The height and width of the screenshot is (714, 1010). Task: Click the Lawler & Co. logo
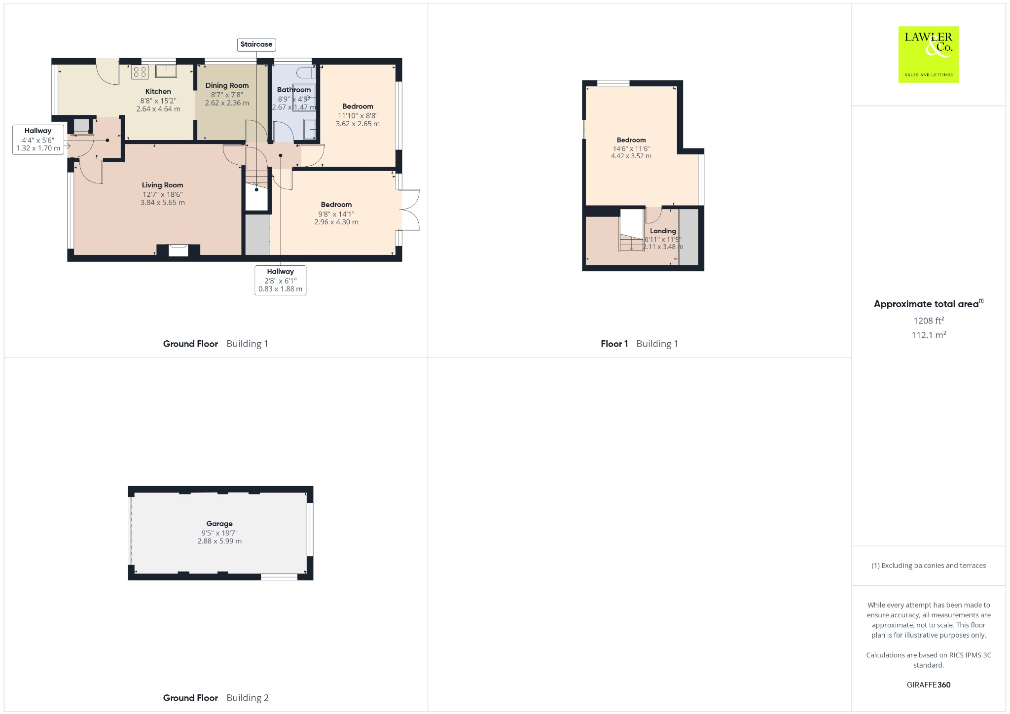(928, 54)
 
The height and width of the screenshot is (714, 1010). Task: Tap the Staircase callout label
(256, 44)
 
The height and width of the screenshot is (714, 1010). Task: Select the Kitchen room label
(158, 91)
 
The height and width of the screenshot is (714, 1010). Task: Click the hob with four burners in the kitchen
(140, 72)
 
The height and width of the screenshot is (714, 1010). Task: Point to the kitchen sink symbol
(166, 71)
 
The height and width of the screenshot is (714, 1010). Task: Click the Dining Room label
(227, 85)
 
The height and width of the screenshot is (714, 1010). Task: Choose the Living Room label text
(162, 185)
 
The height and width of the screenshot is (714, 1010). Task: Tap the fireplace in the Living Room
(178, 250)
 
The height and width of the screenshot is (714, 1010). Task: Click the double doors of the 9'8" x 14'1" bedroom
(410, 210)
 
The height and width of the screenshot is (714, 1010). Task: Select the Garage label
(219, 524)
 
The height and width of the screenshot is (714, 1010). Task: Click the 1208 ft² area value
(928, 321)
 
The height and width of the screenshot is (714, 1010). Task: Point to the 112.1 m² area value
(928, 335)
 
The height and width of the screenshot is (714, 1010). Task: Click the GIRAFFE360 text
(928, 684)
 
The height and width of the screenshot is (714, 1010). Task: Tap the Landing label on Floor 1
(663, 231)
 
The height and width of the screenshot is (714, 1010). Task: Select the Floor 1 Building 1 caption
(639, 344)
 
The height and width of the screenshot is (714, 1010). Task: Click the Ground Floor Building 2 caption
(216, 698)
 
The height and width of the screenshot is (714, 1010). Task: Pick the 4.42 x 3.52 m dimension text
(631, 156)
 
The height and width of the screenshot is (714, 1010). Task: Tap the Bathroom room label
(294, 90)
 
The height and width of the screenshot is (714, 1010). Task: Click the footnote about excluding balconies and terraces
(928, 566)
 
